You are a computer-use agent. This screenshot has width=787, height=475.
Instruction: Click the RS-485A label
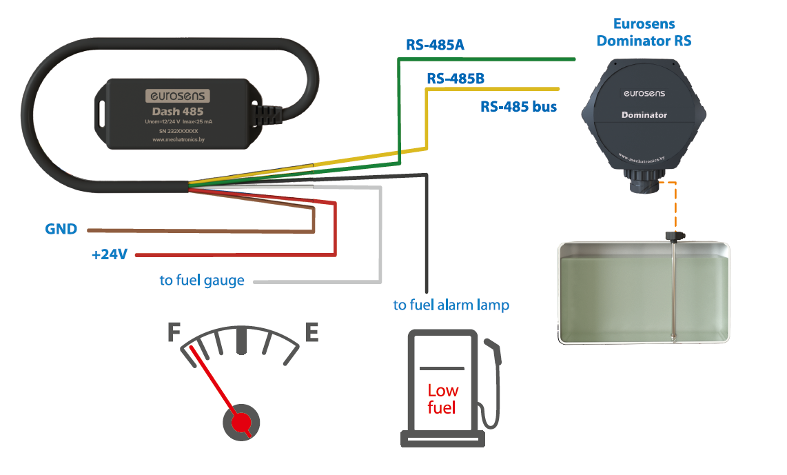tap(435, 46)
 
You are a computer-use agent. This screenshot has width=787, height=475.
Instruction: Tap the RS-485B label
tap(456, 79)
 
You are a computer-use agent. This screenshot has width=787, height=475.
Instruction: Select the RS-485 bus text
tap(518, 107)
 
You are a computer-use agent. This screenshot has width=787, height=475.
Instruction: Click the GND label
tap(61, 229)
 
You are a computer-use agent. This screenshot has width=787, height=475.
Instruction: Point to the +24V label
tap(110, 255)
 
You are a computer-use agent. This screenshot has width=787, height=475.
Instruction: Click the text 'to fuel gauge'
tap(202, 281)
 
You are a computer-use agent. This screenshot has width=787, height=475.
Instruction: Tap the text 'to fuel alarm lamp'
tap(451, 304)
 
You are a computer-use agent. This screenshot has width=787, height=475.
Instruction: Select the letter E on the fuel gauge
tap(311, 334)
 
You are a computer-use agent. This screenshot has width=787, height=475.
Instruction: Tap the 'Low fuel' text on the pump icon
tap(442, 399)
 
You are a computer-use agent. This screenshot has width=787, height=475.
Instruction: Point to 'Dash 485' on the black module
tap(177, 112)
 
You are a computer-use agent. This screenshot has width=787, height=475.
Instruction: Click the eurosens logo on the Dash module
tap(177, 96)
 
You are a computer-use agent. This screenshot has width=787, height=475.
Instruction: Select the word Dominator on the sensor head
tap(644, 115)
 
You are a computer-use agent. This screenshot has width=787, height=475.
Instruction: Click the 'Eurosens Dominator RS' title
tap(644, 32)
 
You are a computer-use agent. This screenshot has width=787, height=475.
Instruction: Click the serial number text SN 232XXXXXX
tap(178, 131)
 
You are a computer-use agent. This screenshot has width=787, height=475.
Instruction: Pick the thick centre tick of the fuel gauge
tap(241, 340)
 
